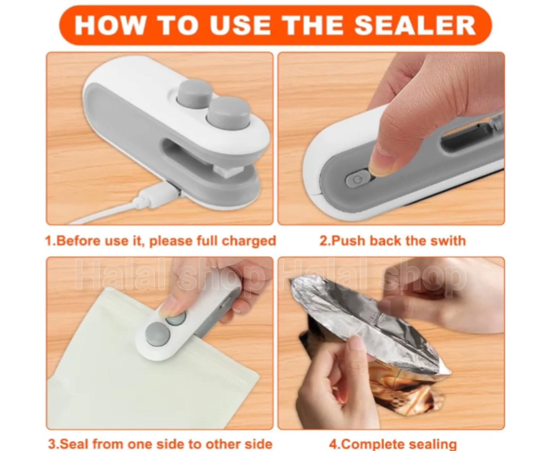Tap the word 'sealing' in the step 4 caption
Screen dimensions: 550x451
point(431,444)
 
